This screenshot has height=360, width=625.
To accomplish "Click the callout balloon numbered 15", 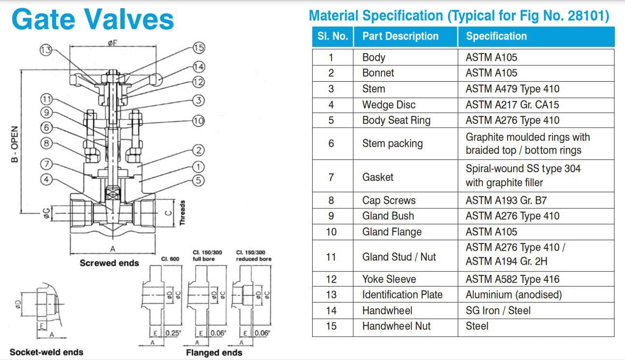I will point(199,48).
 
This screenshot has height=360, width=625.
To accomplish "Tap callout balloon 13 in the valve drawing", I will point(45,50).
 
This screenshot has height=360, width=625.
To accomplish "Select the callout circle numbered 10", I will point(198,121).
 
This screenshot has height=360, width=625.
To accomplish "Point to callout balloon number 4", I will point(46,180).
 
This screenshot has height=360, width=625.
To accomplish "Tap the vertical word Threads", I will point(182,213).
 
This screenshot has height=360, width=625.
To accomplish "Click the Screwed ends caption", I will point(109,263).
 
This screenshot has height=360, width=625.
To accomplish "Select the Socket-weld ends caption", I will point(46,352).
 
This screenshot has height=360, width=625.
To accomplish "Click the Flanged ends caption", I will point(214,353).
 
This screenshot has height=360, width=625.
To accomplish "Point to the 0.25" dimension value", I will point(173,333).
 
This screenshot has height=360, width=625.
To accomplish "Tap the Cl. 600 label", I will point(170,259).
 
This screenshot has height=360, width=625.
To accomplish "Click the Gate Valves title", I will point(92,20).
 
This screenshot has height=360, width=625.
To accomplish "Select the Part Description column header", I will point(400,36).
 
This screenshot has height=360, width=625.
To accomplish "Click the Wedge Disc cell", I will point(389,105).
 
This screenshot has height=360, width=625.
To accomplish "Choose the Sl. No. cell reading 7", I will point(331,177).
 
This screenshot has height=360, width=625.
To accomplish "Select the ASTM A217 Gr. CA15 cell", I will point(512,105).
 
